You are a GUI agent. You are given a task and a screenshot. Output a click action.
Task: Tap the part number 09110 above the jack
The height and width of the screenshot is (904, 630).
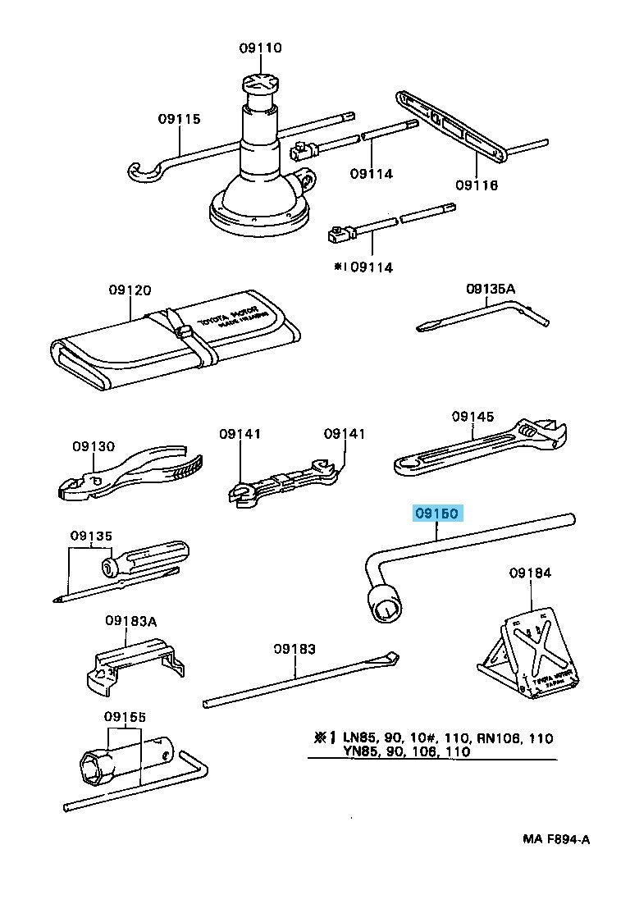pyautogui.click(x=261, y=48)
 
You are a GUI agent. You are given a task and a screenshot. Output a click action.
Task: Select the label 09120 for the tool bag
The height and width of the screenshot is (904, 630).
pyautogui.click(x=130, y=290)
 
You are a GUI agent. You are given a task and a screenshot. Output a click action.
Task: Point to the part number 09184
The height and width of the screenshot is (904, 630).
pyautogui.click(x=530, y=573)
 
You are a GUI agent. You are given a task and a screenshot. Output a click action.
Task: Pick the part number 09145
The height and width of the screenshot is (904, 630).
pyautogui.click(x=472, y=417)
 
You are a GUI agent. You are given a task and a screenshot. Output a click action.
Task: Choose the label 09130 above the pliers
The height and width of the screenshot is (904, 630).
pyautogui.click(x=92, y=446)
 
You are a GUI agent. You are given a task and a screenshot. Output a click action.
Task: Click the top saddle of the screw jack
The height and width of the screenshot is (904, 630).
pyautogui.click(x=261, y=84)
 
